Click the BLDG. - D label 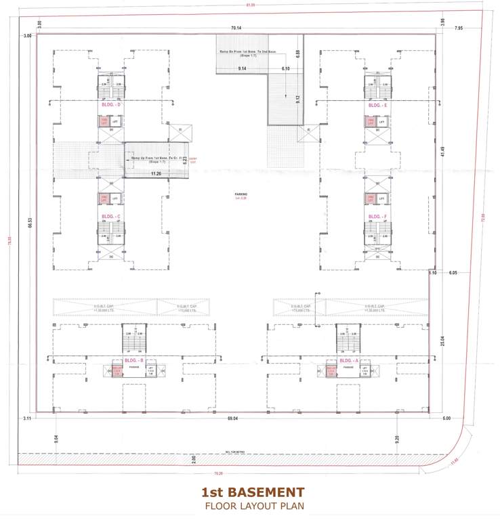[x=110, y=105]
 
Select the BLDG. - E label [x=377, y=106]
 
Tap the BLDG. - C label [x=110, y=217]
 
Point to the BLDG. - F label [x=377, y=217]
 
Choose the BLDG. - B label [x=134, y=361]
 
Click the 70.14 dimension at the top [x=236, y=28]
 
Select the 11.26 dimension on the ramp [x=156, y=174]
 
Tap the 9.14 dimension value [x=242, y=69]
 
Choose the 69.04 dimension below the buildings [x=232, y=419]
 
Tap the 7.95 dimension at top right [x=459, y=28]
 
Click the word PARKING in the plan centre [x=241, y=194]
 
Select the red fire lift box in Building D [x=104, y=122]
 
